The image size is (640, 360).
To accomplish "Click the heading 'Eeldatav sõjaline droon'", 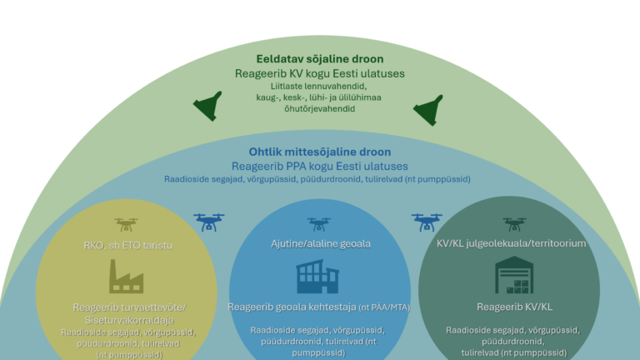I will [x=320, y=59].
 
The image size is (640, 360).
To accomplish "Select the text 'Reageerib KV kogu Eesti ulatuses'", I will [x=320, y=73].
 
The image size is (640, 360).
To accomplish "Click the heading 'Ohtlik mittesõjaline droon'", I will [x=320, y=152].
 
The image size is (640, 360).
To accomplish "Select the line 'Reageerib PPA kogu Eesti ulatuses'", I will [x=320, y=166].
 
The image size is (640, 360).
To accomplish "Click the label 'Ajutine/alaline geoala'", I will [x=321, y=244].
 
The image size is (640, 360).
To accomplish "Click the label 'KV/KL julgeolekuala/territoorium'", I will [x=512, y=244].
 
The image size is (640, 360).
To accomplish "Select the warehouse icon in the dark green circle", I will [x=512, y=277].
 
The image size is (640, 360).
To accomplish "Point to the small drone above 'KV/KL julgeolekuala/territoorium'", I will [x=514, y=224].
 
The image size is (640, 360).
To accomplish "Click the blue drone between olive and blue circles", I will [x=209, y=222].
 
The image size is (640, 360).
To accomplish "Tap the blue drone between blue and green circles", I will [x=427, y=222].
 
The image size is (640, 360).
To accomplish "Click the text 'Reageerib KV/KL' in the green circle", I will [x=512, y=307].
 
